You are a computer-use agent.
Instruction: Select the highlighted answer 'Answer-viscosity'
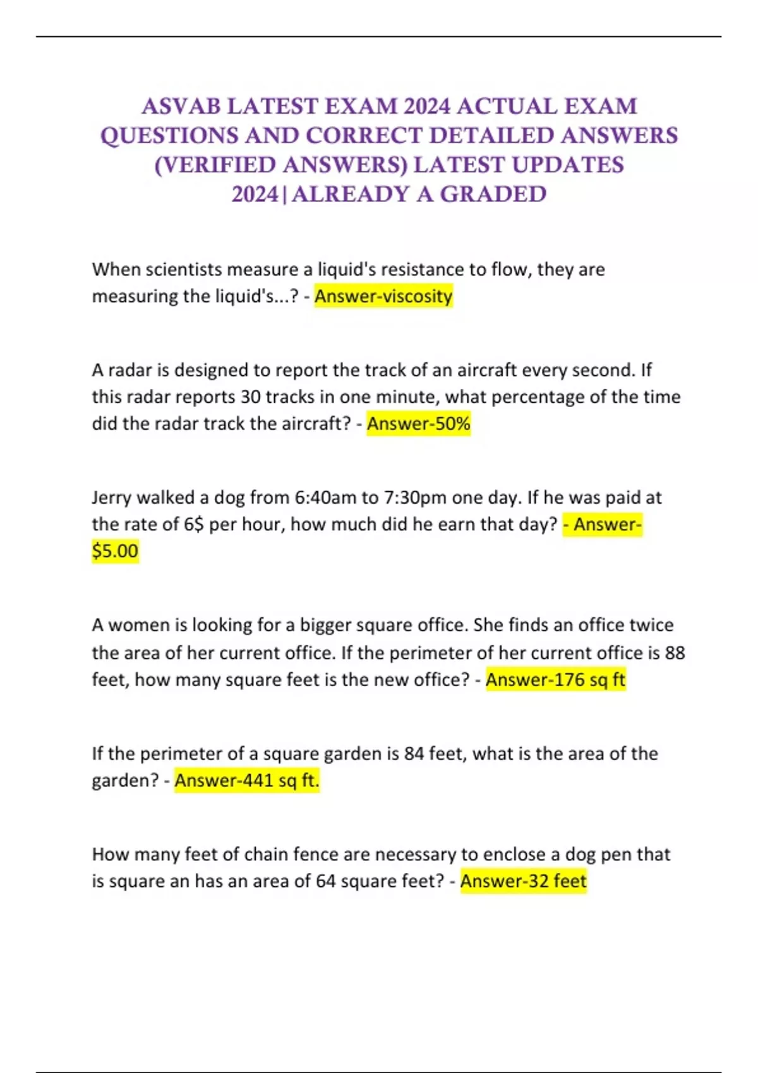click(x=383, y=296)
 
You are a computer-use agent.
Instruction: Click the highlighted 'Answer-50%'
click(x=418, y=424)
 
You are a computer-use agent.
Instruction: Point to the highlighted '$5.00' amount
click(x=115, y=551)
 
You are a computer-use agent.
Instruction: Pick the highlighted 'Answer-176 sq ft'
click(x=555, y=680)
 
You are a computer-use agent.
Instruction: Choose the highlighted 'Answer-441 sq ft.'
click(x=247, y=781)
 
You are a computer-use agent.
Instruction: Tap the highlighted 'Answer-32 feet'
click(x=523, y=881)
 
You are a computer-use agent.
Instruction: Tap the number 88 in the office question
click(x=675, y=653)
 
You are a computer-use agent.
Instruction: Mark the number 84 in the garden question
click(x=414, y=754)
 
